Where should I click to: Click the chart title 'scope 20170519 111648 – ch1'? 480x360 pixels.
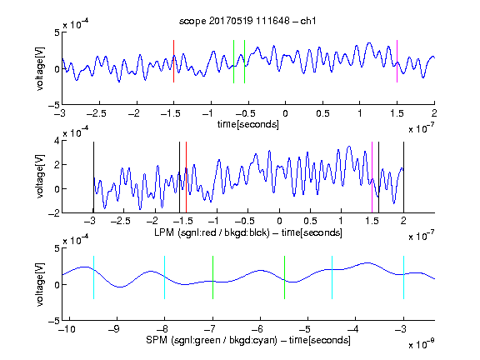247,21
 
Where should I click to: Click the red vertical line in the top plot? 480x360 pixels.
173,61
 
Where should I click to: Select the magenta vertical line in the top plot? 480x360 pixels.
397,61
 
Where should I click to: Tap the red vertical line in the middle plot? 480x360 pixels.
186,177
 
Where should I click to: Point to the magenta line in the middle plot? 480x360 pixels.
372,177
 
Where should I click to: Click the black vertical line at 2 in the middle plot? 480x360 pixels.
403,177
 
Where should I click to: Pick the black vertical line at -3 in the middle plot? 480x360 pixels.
93,177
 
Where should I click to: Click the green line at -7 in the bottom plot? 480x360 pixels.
212,277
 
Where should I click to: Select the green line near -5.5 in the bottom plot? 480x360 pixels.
284,277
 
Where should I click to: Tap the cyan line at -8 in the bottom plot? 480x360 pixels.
165,277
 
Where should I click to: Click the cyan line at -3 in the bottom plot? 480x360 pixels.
404,277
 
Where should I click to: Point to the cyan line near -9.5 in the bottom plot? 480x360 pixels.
93,277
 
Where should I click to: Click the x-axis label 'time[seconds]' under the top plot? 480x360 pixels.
248,124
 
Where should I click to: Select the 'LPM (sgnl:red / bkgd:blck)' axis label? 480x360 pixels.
212,232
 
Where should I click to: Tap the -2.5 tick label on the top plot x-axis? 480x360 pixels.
97,113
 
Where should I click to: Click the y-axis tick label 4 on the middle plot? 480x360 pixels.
57,141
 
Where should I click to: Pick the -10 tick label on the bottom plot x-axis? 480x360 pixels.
67,329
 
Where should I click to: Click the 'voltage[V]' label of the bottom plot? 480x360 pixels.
40,284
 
